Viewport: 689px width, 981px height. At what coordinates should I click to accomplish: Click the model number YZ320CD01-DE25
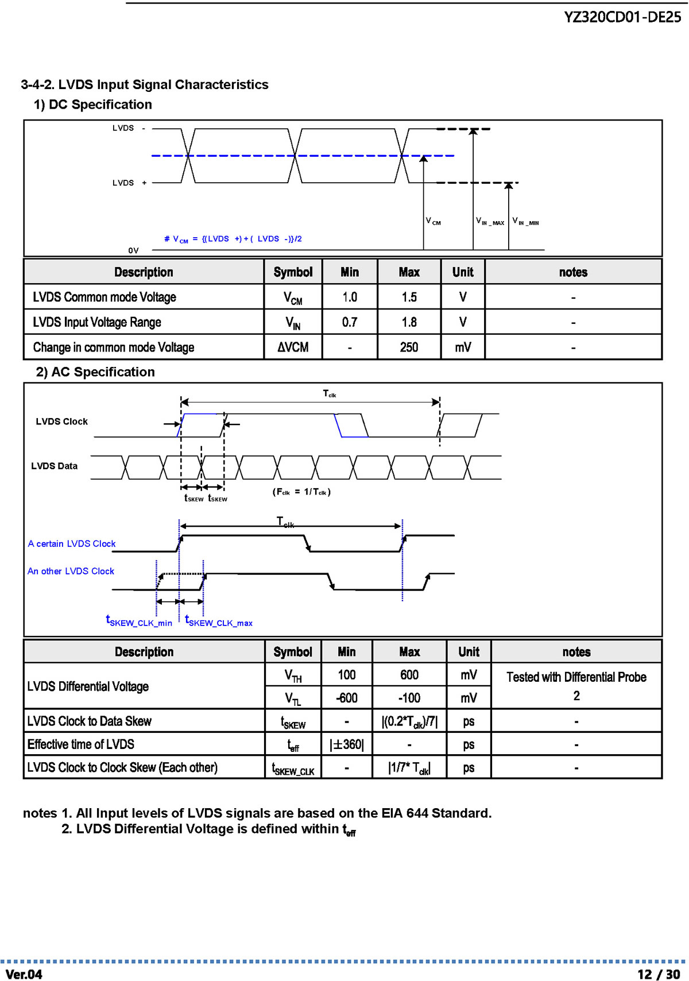(622, 17)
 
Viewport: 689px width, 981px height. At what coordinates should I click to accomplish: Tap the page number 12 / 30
(659, 974)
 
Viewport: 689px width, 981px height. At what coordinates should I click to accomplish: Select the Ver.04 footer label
(24, 974)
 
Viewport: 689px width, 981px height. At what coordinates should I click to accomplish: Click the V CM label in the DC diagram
(433, 221)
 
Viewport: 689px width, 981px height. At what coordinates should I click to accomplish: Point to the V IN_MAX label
(490, 221)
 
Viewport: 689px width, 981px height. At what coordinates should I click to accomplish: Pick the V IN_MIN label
(525, 221)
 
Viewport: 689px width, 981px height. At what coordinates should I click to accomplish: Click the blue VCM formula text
(233, 239)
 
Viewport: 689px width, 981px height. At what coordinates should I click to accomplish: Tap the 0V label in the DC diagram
(134, 250)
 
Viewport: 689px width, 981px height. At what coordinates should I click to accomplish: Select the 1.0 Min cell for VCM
(349, 297)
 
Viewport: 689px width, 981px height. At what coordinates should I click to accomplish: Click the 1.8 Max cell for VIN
(409, 322)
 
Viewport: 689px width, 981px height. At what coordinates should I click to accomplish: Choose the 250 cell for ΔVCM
(409, 347)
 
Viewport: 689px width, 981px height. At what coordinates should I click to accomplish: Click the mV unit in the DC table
(463, 347)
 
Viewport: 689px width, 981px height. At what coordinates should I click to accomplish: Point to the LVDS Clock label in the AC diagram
(61, 422)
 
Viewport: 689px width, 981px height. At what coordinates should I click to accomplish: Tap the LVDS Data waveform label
(55, 466)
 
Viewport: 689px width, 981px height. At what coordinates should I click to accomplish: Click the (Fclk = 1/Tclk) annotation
(301, 492)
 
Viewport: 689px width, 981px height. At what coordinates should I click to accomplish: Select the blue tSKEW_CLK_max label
(219, 620)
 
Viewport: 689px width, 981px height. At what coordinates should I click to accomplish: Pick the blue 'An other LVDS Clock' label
(71, 571)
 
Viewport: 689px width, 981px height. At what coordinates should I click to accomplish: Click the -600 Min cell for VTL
(346, 698)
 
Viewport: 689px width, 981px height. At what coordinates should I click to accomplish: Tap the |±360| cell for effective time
(346, 744)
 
